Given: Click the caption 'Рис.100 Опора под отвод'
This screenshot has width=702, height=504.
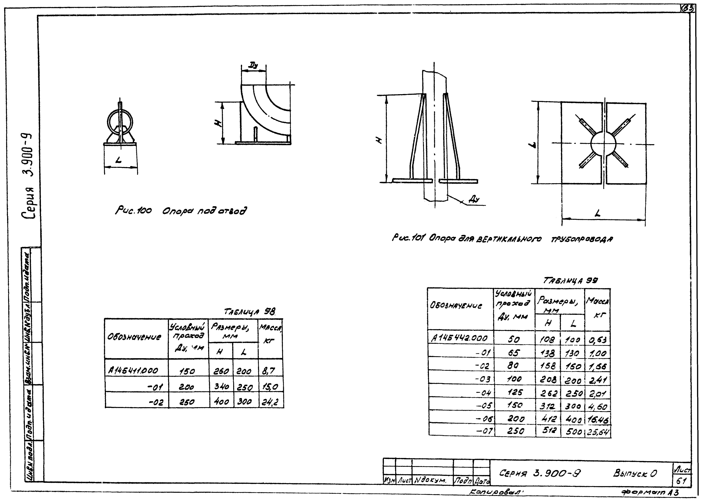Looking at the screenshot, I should (x=181, y=211).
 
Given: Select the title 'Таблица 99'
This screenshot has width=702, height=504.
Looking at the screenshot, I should (x=571, y=281).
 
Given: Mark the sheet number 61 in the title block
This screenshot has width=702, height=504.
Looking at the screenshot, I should (x=681, y=481).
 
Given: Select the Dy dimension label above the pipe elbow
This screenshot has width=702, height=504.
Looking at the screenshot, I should (x=254, y=66).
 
